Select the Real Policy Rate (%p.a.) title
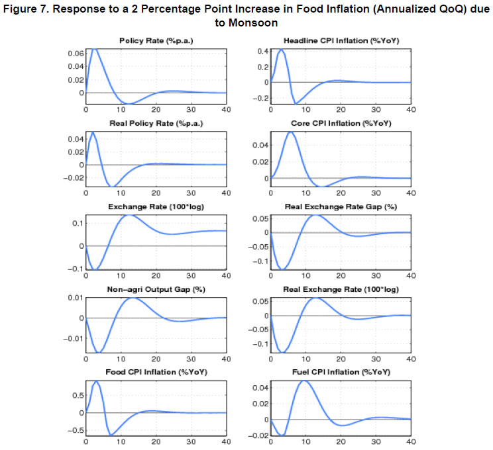coord(156,124)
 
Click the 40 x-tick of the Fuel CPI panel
coord(410,441)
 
